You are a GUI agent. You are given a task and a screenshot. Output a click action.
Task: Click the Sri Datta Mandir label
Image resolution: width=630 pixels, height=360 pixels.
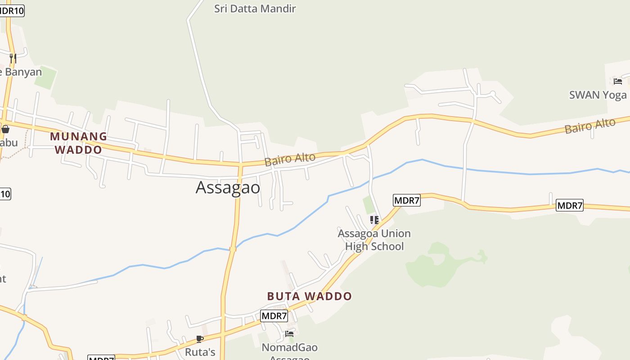click(255, 9)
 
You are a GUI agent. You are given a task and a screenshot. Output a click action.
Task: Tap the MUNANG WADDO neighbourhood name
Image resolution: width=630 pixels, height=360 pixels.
click(78, 143)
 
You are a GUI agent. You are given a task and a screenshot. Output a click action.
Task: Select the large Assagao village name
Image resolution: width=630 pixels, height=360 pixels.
click(228, 188)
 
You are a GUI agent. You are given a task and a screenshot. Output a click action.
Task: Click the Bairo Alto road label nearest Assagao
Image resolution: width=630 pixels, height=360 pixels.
click(290, 159)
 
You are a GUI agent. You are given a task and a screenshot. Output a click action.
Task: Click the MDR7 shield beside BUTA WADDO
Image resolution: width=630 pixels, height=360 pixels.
click(274, 316)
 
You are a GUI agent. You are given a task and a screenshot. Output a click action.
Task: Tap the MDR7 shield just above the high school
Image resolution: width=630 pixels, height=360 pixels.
click(406, 200)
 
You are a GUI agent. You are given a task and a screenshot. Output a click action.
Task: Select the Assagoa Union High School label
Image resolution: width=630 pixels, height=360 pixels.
click(374, 240)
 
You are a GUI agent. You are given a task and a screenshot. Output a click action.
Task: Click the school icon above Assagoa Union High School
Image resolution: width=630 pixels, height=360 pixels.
click(374, 220)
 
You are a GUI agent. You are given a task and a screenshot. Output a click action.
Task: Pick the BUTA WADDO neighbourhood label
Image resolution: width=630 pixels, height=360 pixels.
click(309, 296)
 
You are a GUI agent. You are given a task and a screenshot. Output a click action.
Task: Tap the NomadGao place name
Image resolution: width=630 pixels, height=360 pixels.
click(289, 348)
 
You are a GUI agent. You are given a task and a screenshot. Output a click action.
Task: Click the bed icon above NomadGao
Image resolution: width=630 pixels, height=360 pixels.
click(289, 334)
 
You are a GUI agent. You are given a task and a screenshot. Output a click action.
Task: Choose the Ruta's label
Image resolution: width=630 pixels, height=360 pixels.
click(200, 352)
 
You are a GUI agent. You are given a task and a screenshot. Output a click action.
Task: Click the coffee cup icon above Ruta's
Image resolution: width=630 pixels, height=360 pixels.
click(200, 339)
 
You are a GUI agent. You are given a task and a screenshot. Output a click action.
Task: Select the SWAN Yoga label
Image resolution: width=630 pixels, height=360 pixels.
click(598, 95)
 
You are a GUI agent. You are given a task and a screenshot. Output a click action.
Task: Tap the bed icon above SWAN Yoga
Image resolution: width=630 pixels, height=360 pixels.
click(618, 81)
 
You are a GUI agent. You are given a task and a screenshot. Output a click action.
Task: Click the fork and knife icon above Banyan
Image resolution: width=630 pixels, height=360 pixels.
click(13, 58)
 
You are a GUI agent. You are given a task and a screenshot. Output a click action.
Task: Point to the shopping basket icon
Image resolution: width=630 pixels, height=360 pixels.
click(5, 130)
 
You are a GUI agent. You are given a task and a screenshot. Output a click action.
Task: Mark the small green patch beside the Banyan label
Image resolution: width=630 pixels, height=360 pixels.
click(45, 78)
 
